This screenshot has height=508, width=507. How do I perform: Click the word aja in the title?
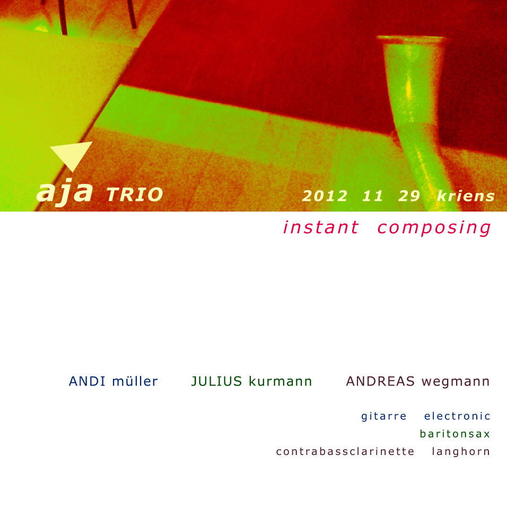pos(65,192)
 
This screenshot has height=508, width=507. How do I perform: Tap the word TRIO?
pos(135,195)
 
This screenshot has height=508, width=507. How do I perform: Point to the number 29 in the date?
pos(409,196)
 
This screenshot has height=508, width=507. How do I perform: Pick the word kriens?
pos(466,196)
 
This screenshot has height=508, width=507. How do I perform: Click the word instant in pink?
pos(321,227)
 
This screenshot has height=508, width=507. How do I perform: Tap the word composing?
pos(434,228)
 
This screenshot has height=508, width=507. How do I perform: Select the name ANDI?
pos(87,381)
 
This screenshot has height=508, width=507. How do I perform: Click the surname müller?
pos(135,381)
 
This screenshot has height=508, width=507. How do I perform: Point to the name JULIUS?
pos(216,381)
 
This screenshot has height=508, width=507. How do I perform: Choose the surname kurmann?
pos(281,381)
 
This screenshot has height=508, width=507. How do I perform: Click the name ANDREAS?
pos(380,381)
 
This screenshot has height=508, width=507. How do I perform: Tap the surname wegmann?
pos(456,382)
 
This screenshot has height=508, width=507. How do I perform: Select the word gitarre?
pos(384,416)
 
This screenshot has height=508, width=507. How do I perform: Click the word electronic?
pos(458,416)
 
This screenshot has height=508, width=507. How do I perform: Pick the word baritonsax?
pos(455,433)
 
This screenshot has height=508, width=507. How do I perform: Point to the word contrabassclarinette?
pos(345,451)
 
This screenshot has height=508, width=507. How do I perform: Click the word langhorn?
pos(461,452)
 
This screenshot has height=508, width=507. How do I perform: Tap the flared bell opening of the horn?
pos(412,39)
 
